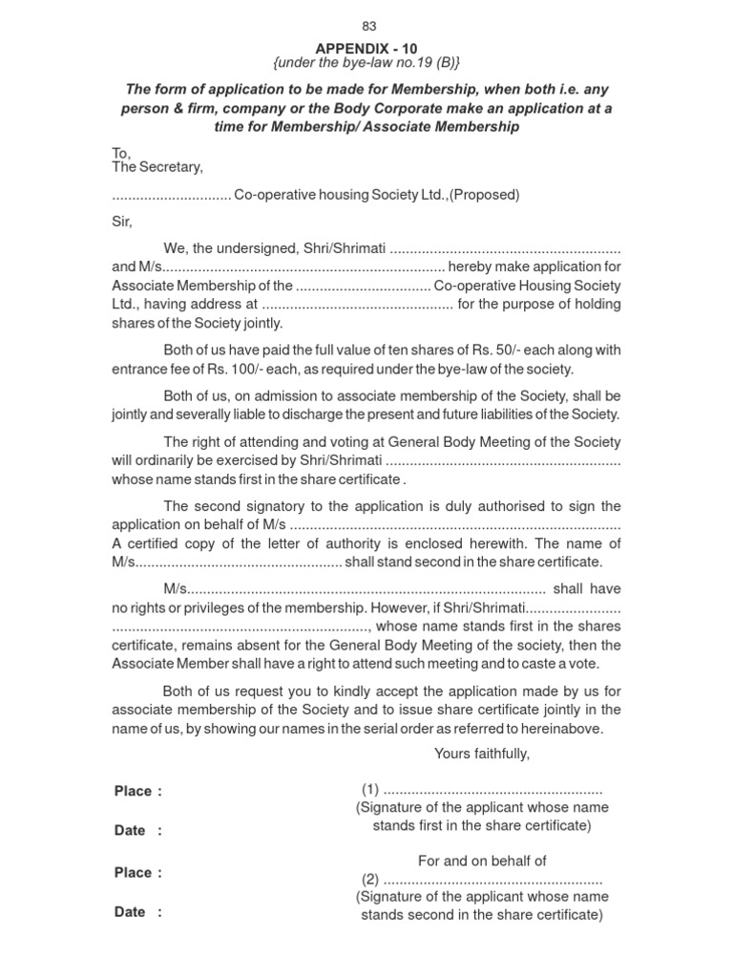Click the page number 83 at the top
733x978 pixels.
[x=368, y=27]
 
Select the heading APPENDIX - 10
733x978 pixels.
[x=367, y=48]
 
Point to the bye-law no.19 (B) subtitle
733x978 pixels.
[x=367, y=63]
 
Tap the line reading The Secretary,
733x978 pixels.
[x=157, y=167]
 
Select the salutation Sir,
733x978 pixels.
[x=123, y=222]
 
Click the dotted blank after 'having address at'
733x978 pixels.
[x=356, y=305]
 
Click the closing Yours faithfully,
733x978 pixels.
[x=481, y=754]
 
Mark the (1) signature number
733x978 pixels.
[x=370, y=790]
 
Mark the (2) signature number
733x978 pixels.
[x=370, y=880]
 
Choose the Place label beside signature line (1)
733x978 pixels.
[x=133, y=791]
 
